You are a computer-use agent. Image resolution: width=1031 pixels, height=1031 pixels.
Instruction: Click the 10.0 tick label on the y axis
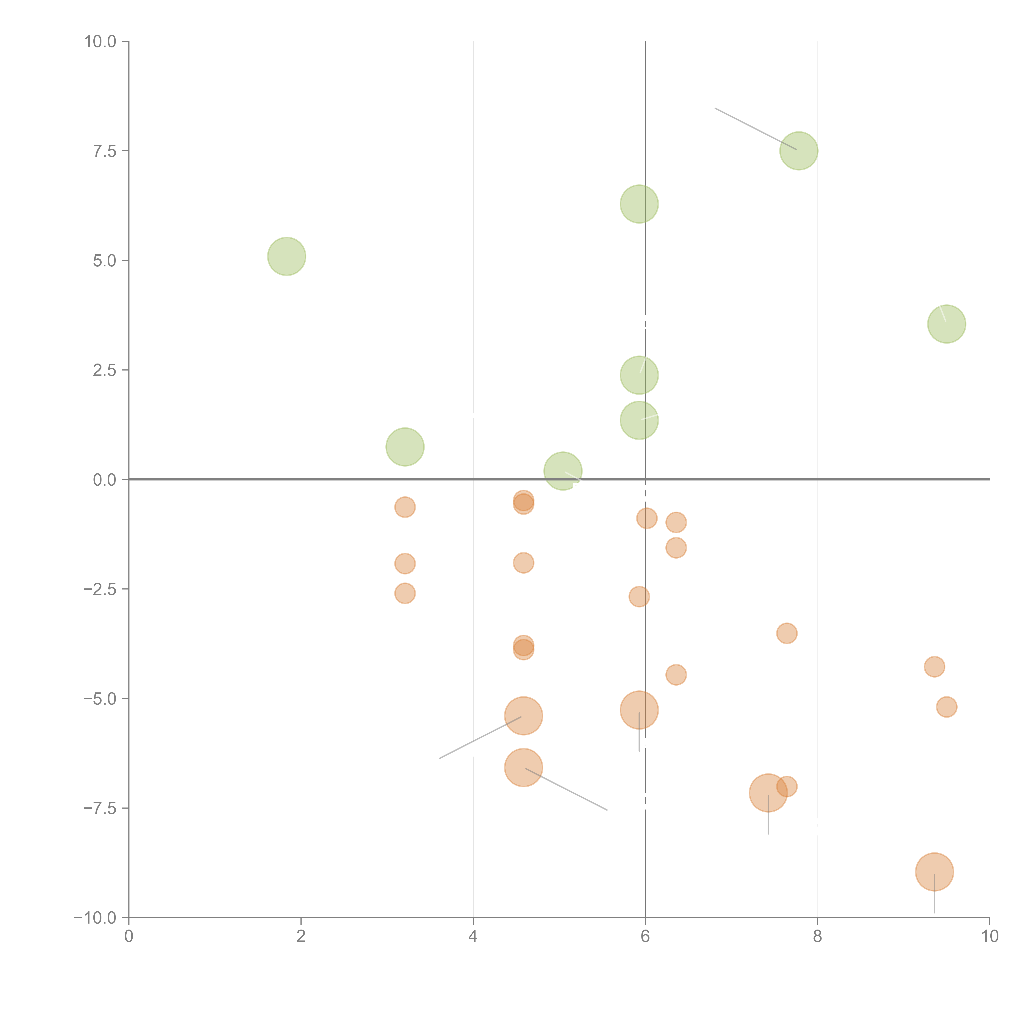pos(100,42)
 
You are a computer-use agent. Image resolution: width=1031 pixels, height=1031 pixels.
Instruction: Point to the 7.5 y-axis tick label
pos(105,151)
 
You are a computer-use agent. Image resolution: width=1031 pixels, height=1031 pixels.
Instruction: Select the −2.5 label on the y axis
pos(100,589)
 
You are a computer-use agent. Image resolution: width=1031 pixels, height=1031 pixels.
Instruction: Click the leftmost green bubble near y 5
pos(287,256)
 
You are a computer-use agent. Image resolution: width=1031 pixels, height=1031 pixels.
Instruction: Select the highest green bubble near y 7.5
pos(799,151)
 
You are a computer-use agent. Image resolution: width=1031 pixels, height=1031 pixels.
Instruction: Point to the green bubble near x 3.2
pos(405,447)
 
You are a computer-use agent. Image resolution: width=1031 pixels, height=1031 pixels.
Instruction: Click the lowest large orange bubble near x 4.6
pos(524,767)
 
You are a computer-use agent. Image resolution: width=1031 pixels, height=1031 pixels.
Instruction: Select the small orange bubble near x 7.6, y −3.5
pos(787,633)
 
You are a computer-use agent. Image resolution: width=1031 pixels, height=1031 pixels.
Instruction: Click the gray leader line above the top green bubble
pos(755,129)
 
